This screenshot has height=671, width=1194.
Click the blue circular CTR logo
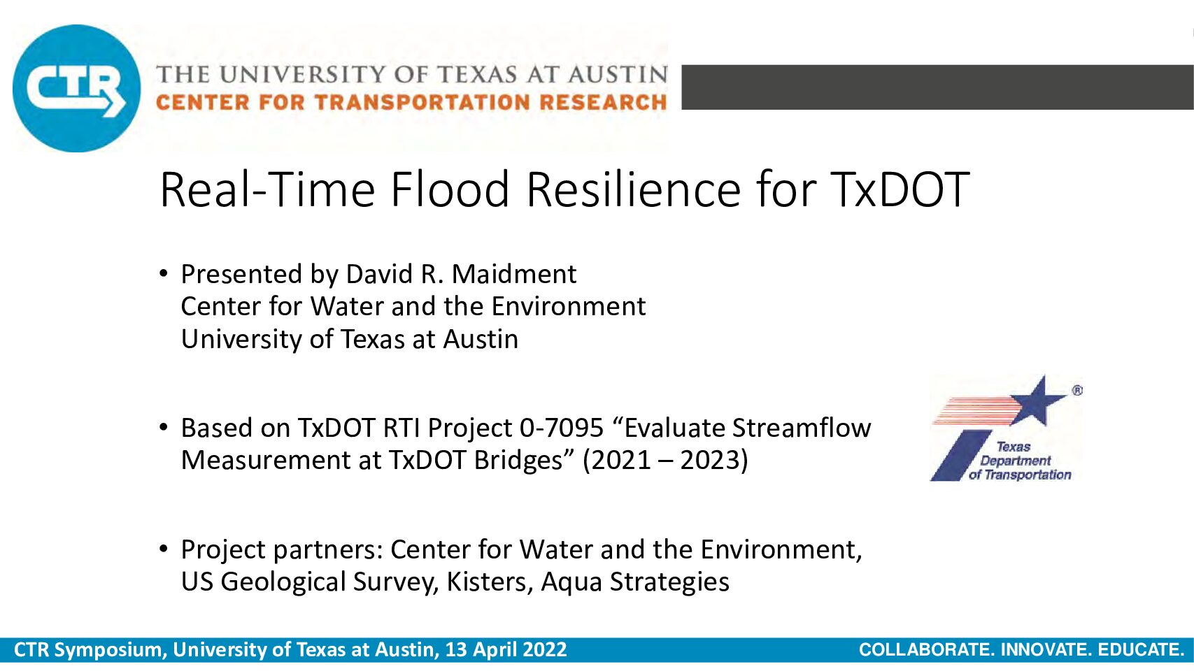tap(77, 88)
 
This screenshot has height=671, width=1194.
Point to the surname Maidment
tap(514, 274)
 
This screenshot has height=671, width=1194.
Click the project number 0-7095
tap(561, 428)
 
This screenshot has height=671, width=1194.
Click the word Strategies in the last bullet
tap(669, 582)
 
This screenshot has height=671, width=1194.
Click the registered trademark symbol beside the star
tap(1077, 390)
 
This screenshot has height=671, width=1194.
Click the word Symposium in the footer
tap(111, 650)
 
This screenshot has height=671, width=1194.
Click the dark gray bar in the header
tap(937, 87)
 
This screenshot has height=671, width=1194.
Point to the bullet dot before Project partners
tap(164, 549)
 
